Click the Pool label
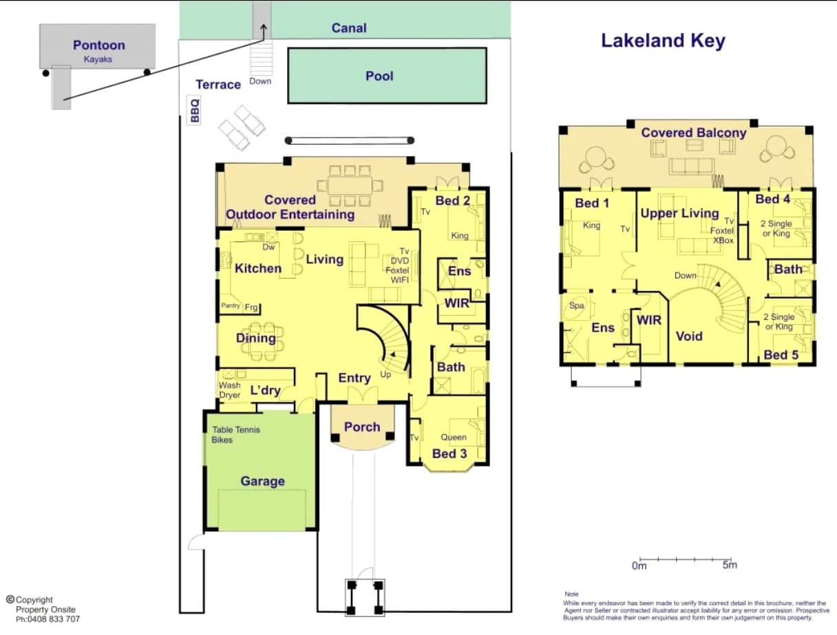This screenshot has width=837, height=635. (x=379, y=76)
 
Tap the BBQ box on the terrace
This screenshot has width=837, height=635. (x=194, y=110)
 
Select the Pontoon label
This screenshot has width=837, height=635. (x=98, y=45)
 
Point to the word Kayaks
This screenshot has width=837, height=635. (x=98, y=59)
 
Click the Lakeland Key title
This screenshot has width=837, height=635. (x=663, y=41)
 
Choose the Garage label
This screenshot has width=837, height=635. (x=262, y=481)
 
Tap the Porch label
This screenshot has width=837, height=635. (x=362, y=427)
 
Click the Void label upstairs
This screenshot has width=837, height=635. (x=689, y=336)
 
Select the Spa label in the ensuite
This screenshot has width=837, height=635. (x=577, y=305)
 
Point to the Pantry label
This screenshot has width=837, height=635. (x=231, y=305)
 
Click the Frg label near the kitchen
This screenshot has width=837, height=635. (x=251, y=308)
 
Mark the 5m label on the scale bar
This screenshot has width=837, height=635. (x=730, y=565)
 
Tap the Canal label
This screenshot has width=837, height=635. (x=349, y=28)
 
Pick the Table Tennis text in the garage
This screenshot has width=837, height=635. (x=236, y=429)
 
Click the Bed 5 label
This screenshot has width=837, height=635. (x=781, y=355)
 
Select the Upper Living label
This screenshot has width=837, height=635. (x=679, y=213)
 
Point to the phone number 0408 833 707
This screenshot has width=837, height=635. (x=52, y=619)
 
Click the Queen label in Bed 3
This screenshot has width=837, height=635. (x=454, y=437)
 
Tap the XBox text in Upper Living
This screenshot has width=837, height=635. (x=723, y=241)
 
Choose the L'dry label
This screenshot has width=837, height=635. (x=266, y=390)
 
